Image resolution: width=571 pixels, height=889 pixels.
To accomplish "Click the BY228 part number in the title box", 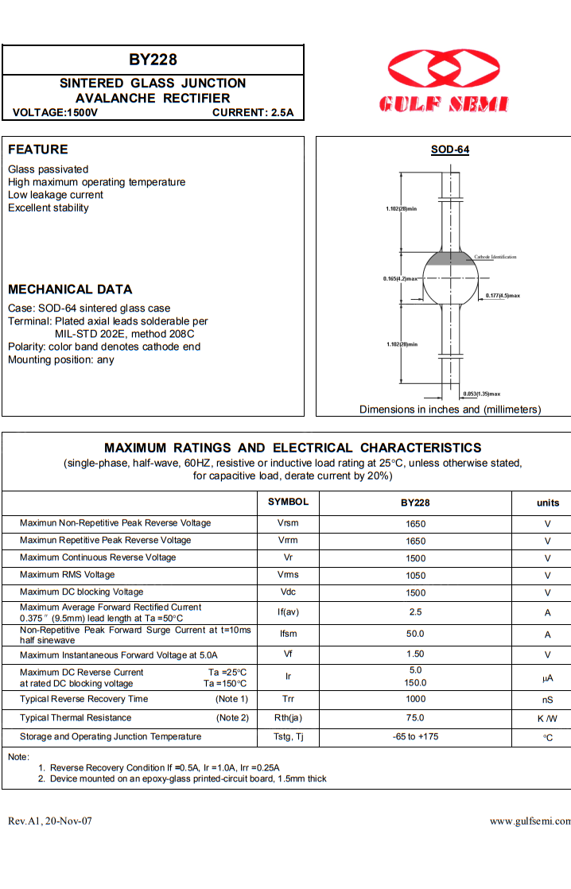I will pos(153,60).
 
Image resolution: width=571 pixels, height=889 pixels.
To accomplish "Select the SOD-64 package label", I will pos(450,149).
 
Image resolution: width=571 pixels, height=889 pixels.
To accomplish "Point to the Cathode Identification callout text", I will pos(495,257).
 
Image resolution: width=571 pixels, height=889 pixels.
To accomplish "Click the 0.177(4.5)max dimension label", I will pos(503,296).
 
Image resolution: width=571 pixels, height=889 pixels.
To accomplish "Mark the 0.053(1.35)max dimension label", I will pos(482,394).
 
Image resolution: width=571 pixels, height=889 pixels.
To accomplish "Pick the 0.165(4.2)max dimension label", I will pos(400,279).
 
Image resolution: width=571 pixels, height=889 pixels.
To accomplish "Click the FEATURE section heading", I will pos(38,149).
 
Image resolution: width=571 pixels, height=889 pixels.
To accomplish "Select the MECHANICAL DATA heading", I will pos(70,289).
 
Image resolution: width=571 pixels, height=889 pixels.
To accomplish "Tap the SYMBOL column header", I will pos(288,502).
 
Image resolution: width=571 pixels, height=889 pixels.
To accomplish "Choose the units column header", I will pos(548,503).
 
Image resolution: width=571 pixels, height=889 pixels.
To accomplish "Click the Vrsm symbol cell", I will pos(288,523).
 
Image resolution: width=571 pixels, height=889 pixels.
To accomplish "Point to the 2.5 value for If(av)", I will pos(415,612).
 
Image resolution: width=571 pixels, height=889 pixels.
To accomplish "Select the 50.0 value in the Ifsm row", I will pos(415,634).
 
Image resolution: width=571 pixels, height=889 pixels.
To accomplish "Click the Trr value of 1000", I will pos(415,700).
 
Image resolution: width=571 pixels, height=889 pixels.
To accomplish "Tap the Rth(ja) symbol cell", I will pos(288,718).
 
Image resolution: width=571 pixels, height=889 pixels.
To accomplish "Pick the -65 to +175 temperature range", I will pos(415,737).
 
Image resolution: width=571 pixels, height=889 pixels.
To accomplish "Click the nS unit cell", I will pos(548,701).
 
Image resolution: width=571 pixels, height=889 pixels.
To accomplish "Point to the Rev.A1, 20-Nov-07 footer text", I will pos(50,821).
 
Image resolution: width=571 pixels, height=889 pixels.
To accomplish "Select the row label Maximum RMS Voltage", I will pos(68,575).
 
